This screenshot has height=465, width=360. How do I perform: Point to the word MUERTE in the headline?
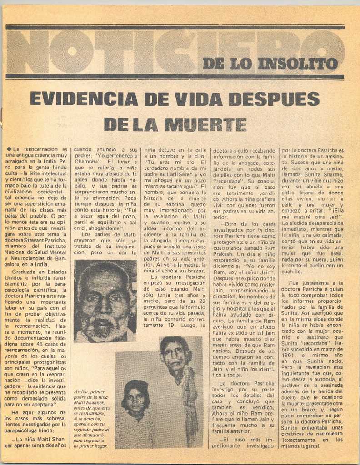click(206, 124)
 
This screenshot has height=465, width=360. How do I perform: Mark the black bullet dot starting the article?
click(9, 149)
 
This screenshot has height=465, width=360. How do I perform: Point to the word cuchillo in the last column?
click(292, 272)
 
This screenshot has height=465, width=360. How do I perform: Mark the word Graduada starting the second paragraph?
click(25, 272)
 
